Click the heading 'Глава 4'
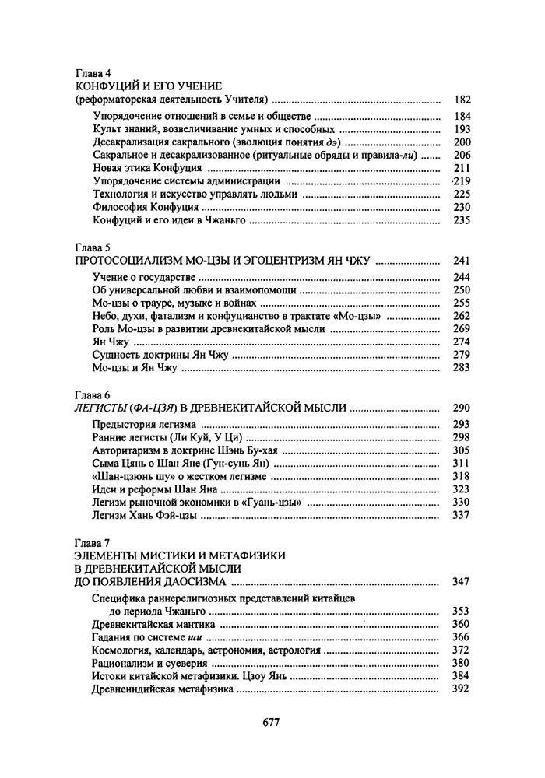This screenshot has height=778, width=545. click(92, 72)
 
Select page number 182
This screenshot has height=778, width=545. click(462, 100)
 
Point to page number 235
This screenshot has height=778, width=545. click(462, 221)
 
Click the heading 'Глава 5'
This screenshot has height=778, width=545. click(92, 248)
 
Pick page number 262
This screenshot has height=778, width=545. click(462, 316)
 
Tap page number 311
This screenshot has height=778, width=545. click(462, 463)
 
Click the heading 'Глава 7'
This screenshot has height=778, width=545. click(92, 541)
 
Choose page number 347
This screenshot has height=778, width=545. click(462, 581)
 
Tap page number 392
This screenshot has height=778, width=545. click(462, 689)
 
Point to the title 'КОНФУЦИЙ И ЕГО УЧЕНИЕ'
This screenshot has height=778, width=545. click(149, 85)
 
